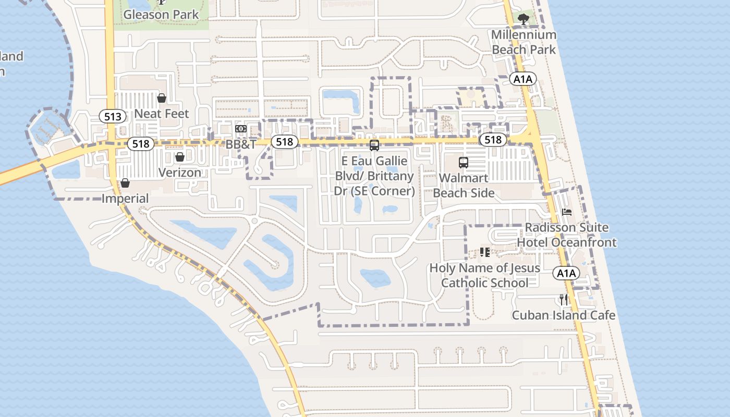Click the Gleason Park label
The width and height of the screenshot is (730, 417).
(161, 14)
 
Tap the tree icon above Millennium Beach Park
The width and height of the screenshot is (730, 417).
(524, 20)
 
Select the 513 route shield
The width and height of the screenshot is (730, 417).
(113, 116)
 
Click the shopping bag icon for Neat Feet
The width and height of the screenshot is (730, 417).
(162, 98)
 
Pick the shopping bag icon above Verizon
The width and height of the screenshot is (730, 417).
(180, 157)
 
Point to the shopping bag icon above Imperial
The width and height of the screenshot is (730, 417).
(125, 183)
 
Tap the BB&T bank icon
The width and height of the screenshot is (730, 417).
(240, 128)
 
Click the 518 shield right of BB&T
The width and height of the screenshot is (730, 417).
(284, 142)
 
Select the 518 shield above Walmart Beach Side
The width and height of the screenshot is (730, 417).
(493, 140)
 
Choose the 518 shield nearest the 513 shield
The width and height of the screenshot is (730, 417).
(141, 144)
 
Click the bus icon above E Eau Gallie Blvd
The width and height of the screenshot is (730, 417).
(374, 145)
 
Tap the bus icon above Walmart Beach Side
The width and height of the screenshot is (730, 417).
(464, 162)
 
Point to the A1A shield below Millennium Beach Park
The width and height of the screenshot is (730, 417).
(523, 79)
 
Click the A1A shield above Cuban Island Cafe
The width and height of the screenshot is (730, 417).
(566, 273)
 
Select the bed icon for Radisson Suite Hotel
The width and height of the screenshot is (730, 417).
(567, 212)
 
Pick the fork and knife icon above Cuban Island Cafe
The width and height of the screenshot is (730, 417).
(563, 299)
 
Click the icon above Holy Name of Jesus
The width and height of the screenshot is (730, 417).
(485, 252)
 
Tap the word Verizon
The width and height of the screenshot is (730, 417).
(180, 173)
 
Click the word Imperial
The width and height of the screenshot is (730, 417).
(125, 199)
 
